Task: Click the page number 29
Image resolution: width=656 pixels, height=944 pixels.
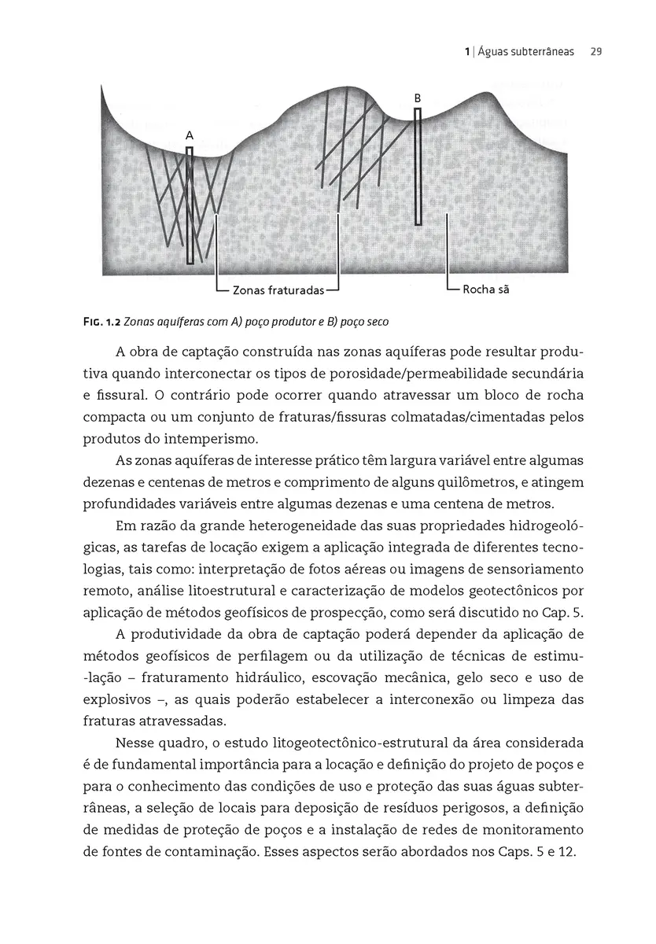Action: click(x=595, y=53)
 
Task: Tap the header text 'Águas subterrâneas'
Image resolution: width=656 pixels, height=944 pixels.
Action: click(x=523, y=53)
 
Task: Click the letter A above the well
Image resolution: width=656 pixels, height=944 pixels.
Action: click(x=190, y=136)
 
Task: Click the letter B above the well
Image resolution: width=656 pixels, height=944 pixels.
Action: click(x=418, y=98)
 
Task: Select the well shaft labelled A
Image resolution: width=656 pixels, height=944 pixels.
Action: click(x=190, y=205)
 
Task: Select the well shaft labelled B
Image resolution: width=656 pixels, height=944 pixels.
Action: click(x=418, y=167)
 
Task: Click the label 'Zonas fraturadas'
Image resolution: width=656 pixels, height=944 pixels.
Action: click(x=278, y=291)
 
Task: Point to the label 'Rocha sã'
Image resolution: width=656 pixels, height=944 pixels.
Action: click(x=486, y=289)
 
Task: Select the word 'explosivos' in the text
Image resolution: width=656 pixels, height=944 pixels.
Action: click(x=113, y=699)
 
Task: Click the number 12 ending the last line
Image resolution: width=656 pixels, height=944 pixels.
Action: click(x=566, y=850)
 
